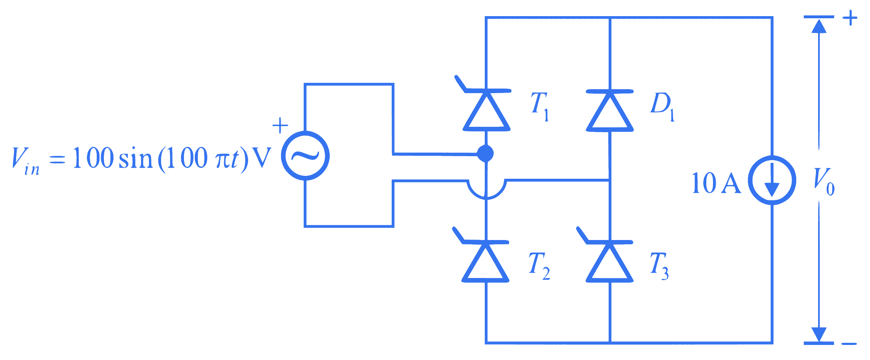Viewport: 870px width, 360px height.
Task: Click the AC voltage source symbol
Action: pyautogui.click(x=305, y=156)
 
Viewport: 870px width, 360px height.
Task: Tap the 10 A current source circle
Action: pyautogui.click(x=772, y=180)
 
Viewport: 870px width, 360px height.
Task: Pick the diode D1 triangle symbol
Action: pyautogui.click(x=610, y=111)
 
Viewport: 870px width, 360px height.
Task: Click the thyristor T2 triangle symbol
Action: pyautogui.click(x=485, y=261)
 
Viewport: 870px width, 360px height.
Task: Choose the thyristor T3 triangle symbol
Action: pyautogui.click(x=609, y=261)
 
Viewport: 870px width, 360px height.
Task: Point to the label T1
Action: pyautogui.click(x=540, y=107)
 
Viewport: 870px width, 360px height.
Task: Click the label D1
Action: pyautogui.click(x=662, y=107)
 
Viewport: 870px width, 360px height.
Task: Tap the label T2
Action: pyautogui.click(x=539, y=265)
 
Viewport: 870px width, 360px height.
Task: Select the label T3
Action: pyautogui.click(x=659, y=265)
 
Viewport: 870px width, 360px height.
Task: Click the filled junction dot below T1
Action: pyautogui.click(x=485, y=154)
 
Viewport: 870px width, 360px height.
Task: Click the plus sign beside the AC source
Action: pyautogui.click(x=280, y=126)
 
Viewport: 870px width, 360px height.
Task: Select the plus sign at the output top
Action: pyautogui.click(x=850, y=18)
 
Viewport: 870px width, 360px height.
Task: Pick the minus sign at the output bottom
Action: pyautogui.click(x=849, y=344)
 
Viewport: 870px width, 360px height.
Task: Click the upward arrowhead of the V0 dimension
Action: pyautogui.click(x=819, y=26)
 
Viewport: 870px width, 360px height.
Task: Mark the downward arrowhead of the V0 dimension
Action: pyautogui.click(x=819, y=335)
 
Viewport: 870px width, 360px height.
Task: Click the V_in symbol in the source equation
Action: pyautogui.click(x=25, y=161)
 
